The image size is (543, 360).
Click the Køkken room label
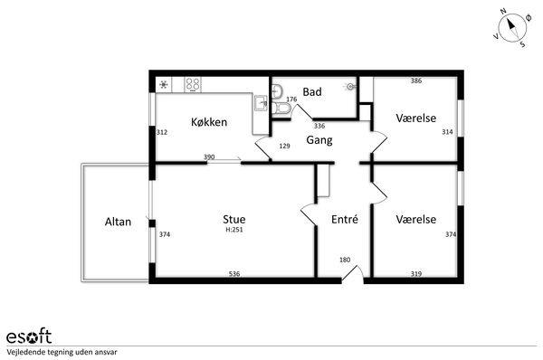(x=209, y=122)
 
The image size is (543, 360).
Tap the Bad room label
(x=312, y=91)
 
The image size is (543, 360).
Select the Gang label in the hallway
(x=319, y=140)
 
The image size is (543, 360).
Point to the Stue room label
(x=234, y=219)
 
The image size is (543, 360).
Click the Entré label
(x=345, y=219)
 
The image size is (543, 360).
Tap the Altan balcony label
(x=118, y=222)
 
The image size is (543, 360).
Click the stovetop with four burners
(x=193, y=84)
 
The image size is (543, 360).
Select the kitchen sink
(x=261, y=103)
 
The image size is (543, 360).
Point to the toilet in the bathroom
(x=281, y=109)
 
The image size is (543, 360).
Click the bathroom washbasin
(x=277, y=91)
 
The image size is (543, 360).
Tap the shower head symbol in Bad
(x=351, y=86)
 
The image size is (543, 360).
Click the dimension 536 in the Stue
(x=234, y=274)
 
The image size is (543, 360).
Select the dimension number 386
(x=416, y=81)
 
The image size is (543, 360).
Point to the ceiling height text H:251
(x=234, y=230)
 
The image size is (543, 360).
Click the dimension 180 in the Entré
(x=345, y=260)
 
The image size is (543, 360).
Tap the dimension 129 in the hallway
(x=284, y=146)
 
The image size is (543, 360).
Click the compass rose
(x=512, y=28)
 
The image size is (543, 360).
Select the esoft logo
(x=29, y=336)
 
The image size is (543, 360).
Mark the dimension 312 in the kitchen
(x=162, y=132)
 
